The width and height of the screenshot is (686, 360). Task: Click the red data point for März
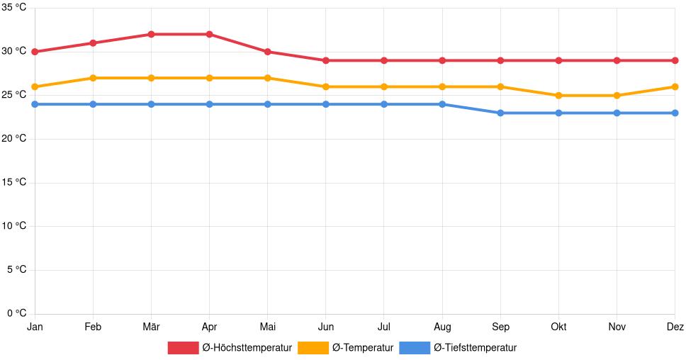[x=151, y=34]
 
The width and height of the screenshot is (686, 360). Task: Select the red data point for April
[x=209, y=34]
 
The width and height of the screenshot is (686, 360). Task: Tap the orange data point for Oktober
[x=558, y=96]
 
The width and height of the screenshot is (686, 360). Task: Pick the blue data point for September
[x=500, y=113]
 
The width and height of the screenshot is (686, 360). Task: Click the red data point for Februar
[x=93, y=43]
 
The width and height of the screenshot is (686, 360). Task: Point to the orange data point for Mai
[x=267, y=78]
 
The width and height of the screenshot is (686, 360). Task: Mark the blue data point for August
[x=442, y=104]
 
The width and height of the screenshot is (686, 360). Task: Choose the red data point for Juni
[x=325, y=60]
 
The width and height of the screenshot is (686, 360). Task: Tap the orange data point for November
[x=617, y=96]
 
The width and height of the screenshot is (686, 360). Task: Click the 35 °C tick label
[x=13, y=7]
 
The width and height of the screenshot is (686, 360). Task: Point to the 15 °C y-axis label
[x=13, y=182]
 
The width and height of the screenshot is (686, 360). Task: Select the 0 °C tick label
[x=16, y=313]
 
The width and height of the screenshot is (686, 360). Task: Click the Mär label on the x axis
[x=151, y=327]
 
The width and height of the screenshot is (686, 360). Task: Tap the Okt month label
[x=558, y=327]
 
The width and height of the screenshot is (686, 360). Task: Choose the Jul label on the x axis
[x=383, y=327]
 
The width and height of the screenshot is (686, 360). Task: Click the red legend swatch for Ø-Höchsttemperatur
[x=183, y=348]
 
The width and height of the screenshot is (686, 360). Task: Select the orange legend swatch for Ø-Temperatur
[x=313, y=348]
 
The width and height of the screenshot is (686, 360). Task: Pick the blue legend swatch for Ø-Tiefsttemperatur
[x=415, y=348]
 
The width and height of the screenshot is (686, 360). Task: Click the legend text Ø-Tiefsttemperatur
[x=475, y=348]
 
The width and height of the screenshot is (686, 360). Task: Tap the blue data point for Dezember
[x=675, y=113]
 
